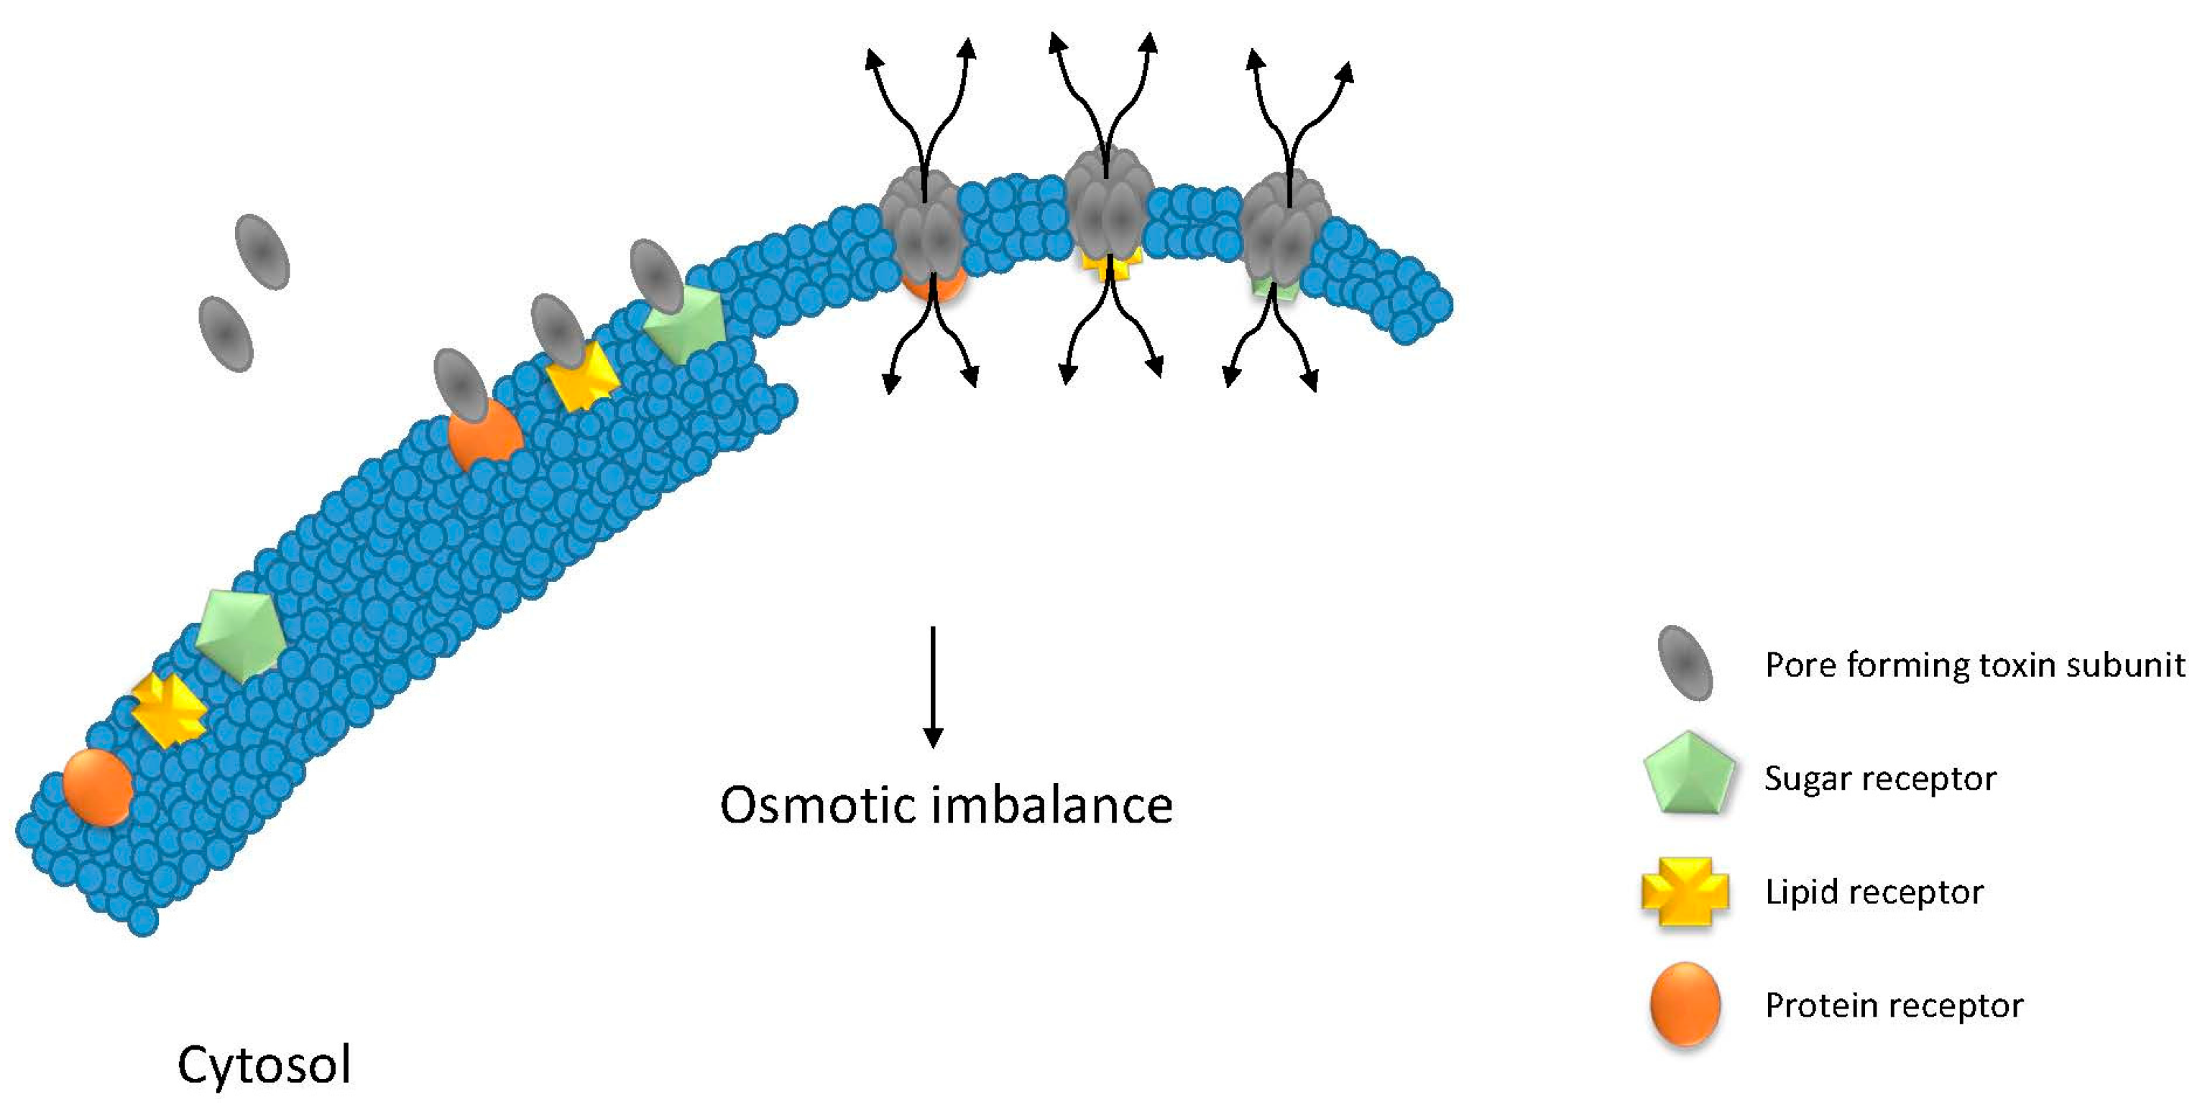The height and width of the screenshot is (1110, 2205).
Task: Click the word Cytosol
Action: click(264, 1065)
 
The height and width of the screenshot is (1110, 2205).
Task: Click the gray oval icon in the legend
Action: click(1685, 664)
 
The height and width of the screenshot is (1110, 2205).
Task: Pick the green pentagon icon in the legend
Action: click(1688, 774)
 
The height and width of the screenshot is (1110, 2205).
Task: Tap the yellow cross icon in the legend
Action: click(1685, 892)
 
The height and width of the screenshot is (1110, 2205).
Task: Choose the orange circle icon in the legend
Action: click(1685, 1004)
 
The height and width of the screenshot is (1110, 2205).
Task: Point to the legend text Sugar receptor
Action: click(1879, 778)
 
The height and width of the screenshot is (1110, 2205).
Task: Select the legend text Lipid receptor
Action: click(1874, 892)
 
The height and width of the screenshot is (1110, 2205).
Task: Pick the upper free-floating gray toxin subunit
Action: click(262, 251)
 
